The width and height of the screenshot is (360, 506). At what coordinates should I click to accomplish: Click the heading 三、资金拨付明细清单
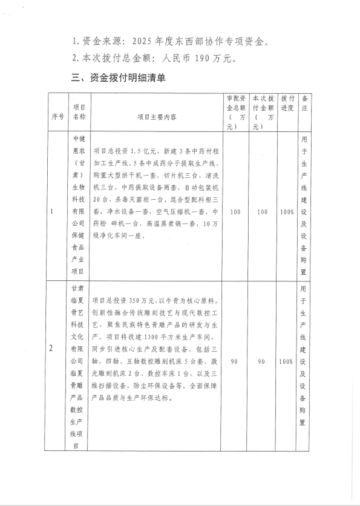(119, 78)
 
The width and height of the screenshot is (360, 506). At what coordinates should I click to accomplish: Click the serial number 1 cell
(54, 212)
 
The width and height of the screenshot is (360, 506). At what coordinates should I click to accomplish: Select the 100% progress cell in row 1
(287, 212)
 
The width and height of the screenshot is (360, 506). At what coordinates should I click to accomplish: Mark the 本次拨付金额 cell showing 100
(263, 212)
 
